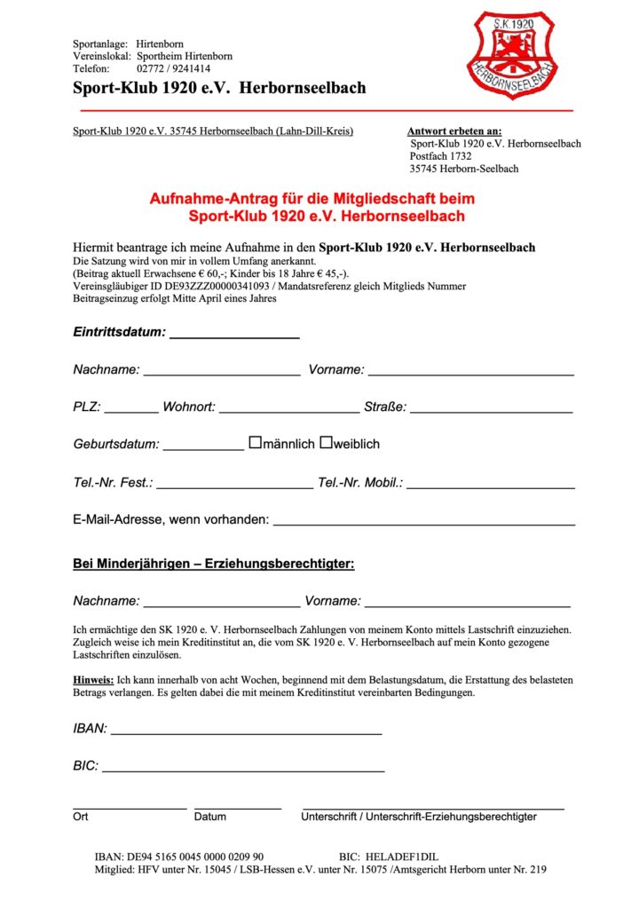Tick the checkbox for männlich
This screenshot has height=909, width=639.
tap(255, 442)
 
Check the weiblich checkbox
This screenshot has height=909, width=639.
tap(326, 442)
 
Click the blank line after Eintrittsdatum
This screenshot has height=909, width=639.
tap(234, 336)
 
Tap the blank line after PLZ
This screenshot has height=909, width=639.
tap(131, 411)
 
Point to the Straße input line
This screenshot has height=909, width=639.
tap(491, 411)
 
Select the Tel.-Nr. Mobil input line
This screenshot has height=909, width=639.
tap(490, 486)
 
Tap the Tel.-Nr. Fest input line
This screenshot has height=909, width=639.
tap(234, 486)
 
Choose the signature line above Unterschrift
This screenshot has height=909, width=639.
tap(433, 807)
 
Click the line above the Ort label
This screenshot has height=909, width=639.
tap(130, 807)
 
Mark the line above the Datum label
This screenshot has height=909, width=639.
tap(238, 807)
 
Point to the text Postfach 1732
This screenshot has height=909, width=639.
tap(440, 156)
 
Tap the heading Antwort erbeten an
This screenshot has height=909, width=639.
tap(454, 131)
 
